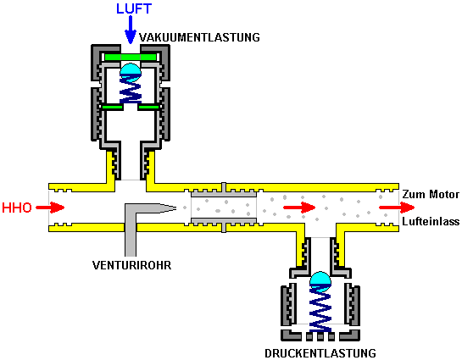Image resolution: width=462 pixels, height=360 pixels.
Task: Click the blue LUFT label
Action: tap(134, 8)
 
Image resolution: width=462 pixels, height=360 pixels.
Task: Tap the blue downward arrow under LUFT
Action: tap(131, 30)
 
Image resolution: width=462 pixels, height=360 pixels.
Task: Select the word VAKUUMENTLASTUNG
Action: tap(199, 37)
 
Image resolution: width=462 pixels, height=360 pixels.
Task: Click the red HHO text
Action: tap(17, 208)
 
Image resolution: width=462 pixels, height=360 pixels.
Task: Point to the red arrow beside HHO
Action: tap(50, 208)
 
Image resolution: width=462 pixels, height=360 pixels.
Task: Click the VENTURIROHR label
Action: tap(131, 265)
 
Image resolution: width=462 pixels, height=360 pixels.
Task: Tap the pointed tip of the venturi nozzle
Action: tap(176, 208)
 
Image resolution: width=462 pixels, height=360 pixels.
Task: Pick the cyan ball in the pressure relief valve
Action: tap(320, 282)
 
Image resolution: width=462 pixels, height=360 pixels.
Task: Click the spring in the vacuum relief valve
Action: tap(131, 89)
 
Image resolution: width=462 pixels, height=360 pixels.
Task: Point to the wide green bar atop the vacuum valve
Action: tap(131, 57)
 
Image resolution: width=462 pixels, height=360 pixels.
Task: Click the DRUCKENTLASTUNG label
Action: tap(320, 353)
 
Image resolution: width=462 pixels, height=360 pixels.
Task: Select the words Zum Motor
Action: tap(431, 194)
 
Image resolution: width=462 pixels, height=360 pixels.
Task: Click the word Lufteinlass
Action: tap(431, 221)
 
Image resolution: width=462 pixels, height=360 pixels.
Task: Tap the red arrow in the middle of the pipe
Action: tap(299, 208)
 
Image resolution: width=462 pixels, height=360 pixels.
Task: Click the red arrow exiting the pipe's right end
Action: tap(397, 208)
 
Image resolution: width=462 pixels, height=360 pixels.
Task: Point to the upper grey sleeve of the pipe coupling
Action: tap(224, 191)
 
